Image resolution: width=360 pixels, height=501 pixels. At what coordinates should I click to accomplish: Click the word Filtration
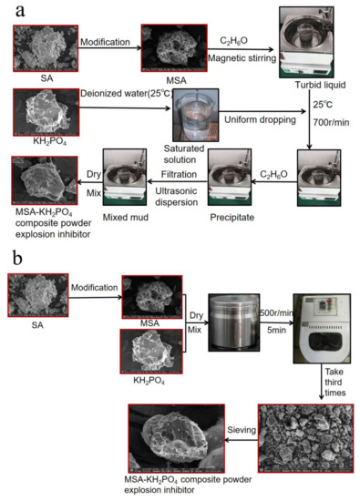(x=174, y=169)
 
